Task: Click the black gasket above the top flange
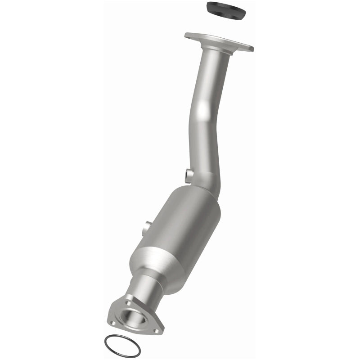tap(225, 10)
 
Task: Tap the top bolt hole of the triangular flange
tap(129, 298)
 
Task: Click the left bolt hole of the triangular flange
tap(113, 323)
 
